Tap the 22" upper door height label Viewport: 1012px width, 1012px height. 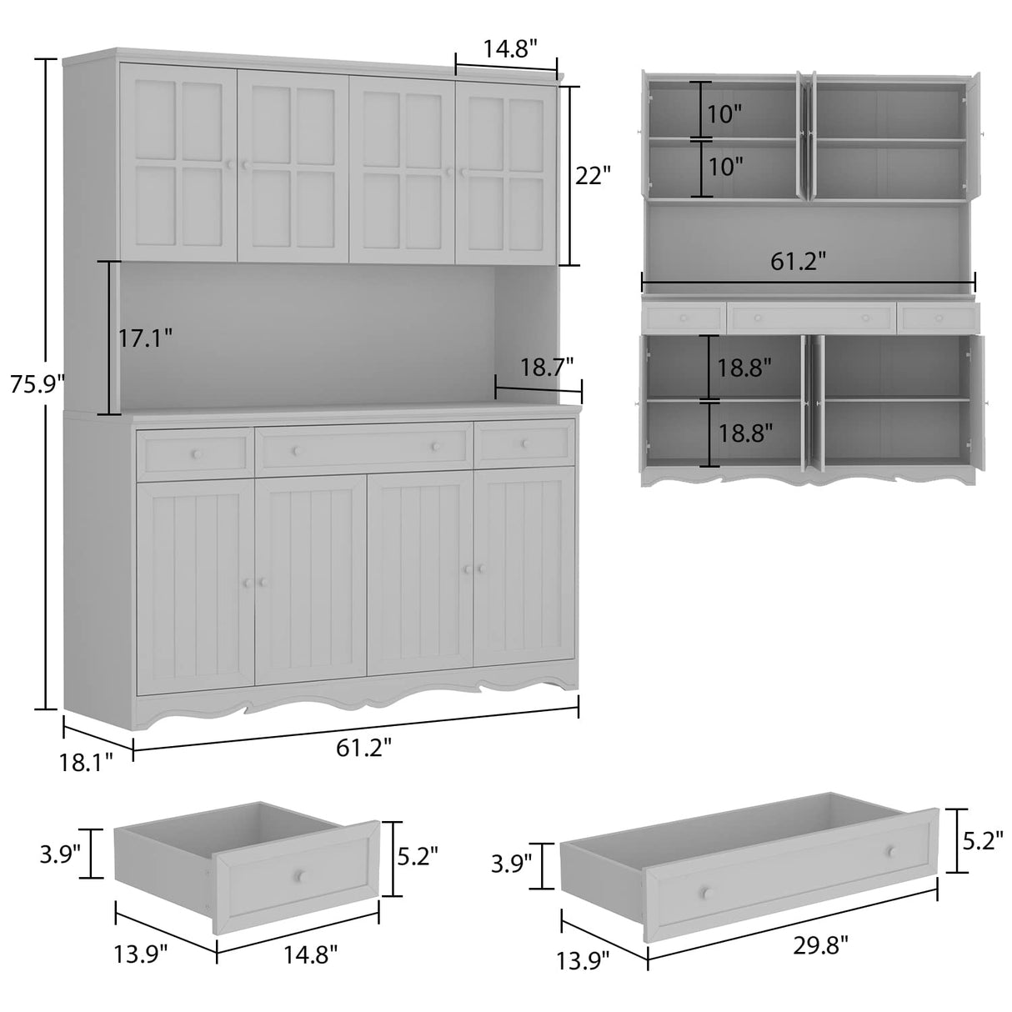(x=594, y=176)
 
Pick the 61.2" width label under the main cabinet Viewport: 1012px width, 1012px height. (x=364, y=748)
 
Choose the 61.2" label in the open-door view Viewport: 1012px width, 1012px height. (x=798, y=262)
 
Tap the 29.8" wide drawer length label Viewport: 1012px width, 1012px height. (x=820, y=944)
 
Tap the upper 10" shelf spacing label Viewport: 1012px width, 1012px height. (x=724, y=113)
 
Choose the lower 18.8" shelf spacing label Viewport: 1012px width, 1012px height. (x=745, y=433)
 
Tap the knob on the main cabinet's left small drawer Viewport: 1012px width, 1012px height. (x=197, y=453)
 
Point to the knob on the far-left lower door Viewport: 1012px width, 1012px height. (x=246, y=583)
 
